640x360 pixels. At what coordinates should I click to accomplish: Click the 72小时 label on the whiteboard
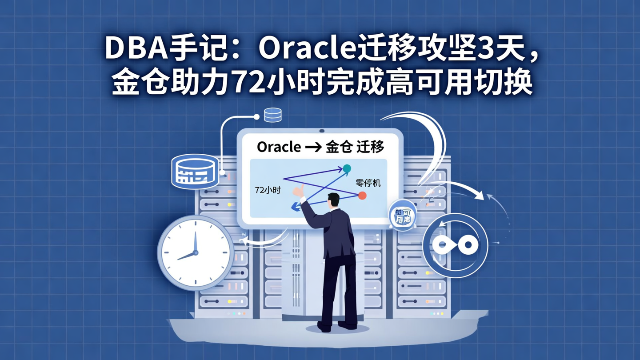point(268,190)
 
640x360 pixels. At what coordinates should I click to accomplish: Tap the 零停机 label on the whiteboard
point(368,183)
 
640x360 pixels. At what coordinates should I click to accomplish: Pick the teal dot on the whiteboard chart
point(347,168)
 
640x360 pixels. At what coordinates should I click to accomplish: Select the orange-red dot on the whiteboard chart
point(362,195)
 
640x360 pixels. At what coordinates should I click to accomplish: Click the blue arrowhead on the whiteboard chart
point(294,206)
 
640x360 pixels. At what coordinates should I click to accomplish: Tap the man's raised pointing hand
point(298,191)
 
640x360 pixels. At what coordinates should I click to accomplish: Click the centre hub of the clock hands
point(195,253)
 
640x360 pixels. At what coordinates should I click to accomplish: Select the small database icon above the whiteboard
point(272,115)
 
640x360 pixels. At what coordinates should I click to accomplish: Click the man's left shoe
point(324,327)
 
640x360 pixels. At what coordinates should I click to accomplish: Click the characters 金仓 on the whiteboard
point(340,148)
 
